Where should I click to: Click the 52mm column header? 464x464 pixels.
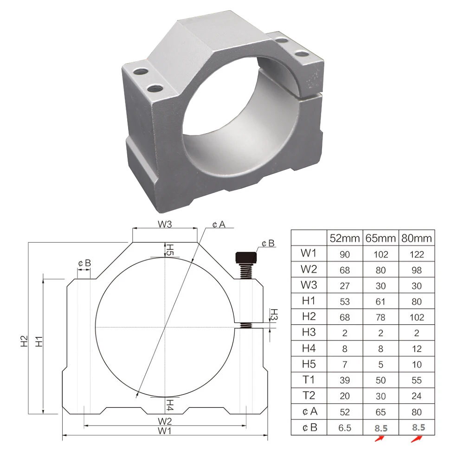[x=345, y=238]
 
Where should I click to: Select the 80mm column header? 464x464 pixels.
[x=417, y=238]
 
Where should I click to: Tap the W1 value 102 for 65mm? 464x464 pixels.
[x=380, y=254]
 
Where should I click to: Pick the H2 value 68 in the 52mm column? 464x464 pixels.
[x=345, y=317]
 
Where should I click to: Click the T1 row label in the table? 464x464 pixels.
[x=309, y=380]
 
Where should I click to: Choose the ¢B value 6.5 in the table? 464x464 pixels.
[x=345, y=427]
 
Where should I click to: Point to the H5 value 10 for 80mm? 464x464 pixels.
[x=417, y=364]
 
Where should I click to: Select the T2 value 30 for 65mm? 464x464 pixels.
[x=380, y=396]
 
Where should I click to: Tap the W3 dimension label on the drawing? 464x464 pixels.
[x=165, y=224]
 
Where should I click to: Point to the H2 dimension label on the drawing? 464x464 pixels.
[x=24, y=341]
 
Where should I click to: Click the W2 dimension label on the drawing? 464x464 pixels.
[x=165, y=421]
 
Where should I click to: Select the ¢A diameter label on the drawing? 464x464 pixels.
[x=219, y=225]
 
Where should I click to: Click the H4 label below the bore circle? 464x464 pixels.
[x=170, y=404]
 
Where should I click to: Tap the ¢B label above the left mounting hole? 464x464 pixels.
[x=84, y=263]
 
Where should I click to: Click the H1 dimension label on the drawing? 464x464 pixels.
[x=39, y=341]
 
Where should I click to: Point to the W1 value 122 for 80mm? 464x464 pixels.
[x=417, y=254]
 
